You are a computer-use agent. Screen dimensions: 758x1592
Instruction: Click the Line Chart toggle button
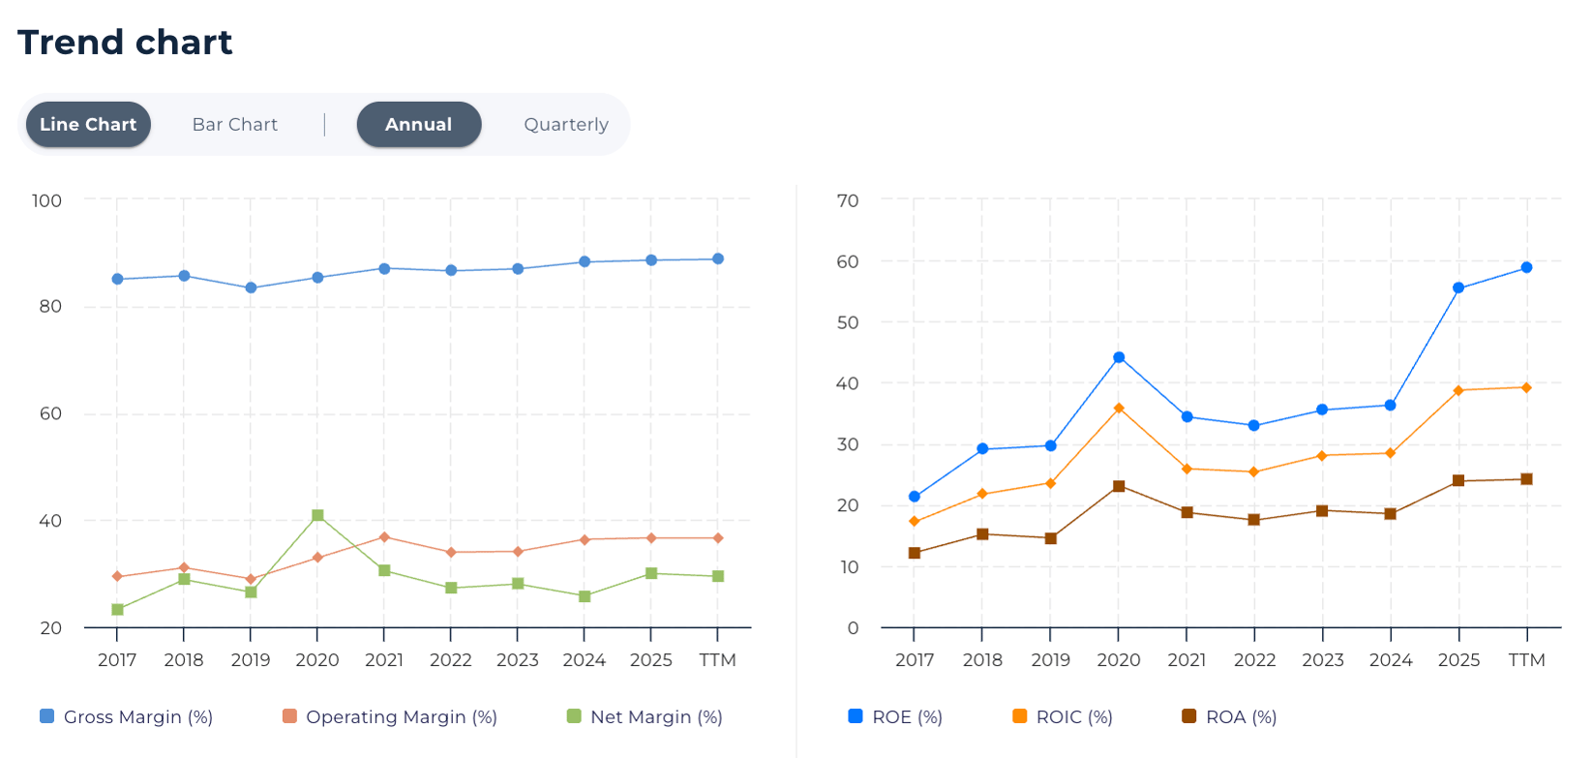[88, 125]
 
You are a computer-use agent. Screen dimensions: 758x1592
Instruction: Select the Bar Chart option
[234, 125]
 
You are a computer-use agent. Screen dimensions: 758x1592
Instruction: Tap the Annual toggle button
[418, 125]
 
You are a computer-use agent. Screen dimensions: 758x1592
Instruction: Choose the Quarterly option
[565, 125]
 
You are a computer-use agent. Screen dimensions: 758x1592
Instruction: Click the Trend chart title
[125, 43]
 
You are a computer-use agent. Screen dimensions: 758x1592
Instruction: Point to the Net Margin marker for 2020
[317, 516]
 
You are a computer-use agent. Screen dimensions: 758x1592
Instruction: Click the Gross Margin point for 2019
[251, 288]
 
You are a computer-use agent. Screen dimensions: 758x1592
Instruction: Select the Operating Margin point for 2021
[384, 537]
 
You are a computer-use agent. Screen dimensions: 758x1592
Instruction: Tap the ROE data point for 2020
[1119, 357]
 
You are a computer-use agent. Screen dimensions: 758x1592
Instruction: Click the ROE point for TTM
[1526, 267]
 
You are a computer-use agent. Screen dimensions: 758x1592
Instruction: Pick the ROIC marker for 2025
[1458, 391]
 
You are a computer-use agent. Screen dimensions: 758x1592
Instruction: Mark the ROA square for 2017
[915, 553]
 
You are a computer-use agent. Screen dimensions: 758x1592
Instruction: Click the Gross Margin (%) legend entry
[127, 717]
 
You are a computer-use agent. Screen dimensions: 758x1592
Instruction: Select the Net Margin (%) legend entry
[645, 717]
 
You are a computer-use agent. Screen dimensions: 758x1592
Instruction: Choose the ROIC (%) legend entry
[1063, 717]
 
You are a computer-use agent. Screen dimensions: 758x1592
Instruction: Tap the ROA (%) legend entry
[1229, 717]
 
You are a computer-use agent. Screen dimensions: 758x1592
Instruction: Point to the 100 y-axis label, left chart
[46, 201]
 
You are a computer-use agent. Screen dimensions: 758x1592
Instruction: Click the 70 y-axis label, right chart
[848, 201]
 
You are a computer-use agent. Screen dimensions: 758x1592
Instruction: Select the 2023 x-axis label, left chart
[517, 660]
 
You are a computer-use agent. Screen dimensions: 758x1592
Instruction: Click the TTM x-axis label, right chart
[1526, 660]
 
